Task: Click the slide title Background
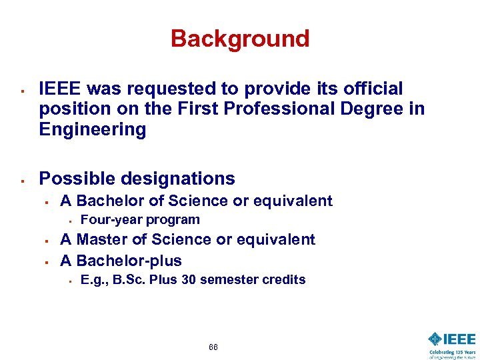click(x=240, y=39)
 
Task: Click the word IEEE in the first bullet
click(x=61, y=89)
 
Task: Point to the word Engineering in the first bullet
click(x=93, y=129)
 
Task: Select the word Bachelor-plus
click(x=129, y=260)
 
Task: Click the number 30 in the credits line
click(x=189, y=280)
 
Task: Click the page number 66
click(x=213, y=347)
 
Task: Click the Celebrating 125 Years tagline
click(x=453, y=353)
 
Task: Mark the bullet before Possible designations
click(x=23, y=180)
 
